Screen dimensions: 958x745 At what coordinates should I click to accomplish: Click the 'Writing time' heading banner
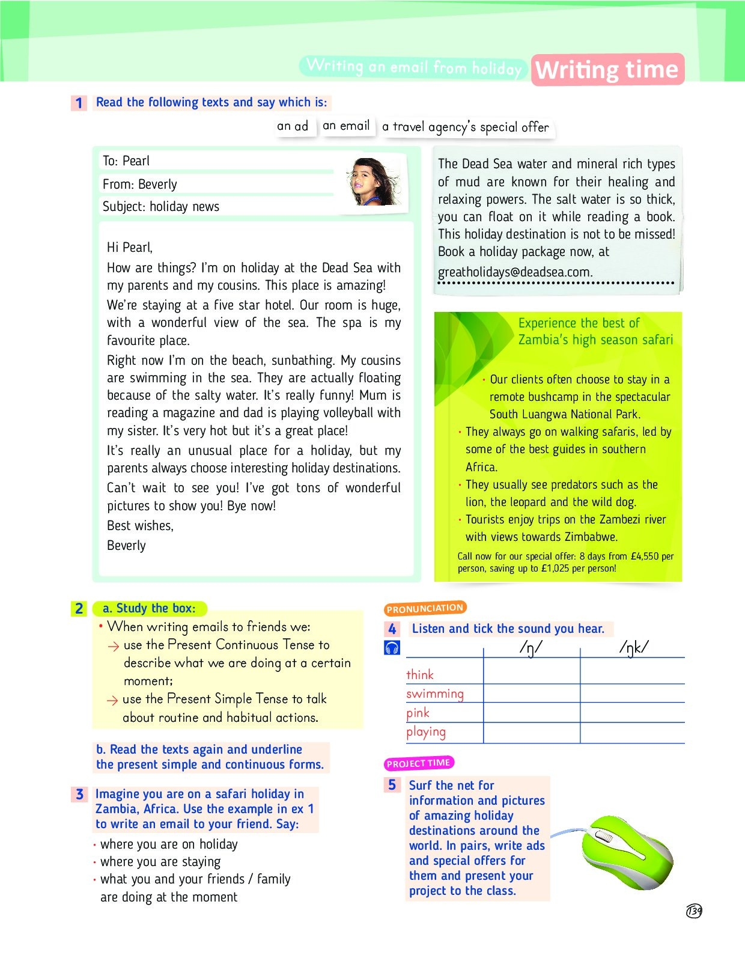[x=607, y=70]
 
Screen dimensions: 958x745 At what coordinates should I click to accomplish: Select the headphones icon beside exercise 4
[x=392, y=648]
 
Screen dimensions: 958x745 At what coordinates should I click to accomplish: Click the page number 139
[x=694, y=911]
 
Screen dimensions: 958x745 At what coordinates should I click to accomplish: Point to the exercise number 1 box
[x=79, y=103]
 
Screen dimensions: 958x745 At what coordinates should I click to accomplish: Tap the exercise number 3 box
[x=79, y=795]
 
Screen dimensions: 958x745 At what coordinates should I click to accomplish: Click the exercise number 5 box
[x=392, y=785]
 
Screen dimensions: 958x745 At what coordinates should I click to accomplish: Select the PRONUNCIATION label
[x=425, y=608]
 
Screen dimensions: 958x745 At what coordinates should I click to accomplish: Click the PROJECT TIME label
[x=418, y=763]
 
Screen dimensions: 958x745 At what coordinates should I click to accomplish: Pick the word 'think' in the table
[x=420, y=675]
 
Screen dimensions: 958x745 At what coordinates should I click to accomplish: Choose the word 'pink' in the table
[x=418, y=713]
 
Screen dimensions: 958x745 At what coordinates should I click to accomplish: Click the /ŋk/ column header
[x=634, y=647]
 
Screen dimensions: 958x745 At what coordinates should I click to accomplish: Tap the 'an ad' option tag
[x=293, y=126]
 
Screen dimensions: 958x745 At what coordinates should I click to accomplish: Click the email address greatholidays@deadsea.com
[x=515, y=272]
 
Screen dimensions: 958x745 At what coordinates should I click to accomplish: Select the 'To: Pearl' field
[x=126, y=161]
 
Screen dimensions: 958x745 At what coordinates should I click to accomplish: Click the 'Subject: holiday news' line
[x=161, y=207]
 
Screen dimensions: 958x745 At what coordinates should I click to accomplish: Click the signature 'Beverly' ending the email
[x=126, y=546]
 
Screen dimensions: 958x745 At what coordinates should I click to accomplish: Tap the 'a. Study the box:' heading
[x=149, y=608]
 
